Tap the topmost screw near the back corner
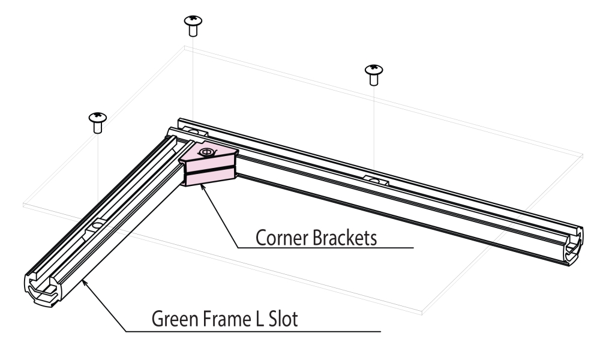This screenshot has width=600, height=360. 193,25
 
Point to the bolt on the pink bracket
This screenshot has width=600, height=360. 206,152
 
